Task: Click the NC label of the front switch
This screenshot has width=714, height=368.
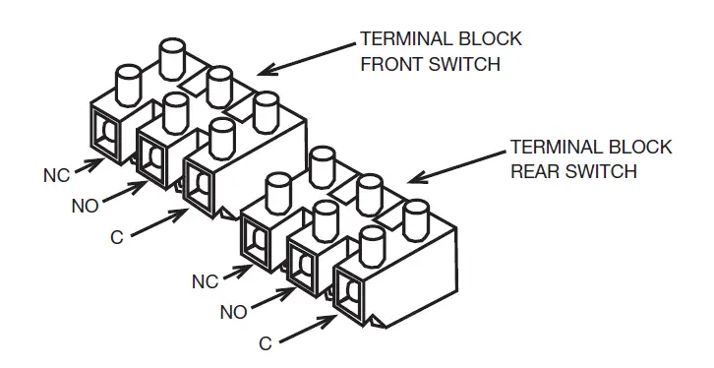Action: point(55,176)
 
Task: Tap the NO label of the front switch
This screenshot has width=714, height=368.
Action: point(84,207)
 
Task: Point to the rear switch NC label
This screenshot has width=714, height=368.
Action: point(206,281)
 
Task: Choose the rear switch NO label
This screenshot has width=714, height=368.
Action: point(232,312)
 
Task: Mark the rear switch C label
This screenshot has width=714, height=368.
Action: point(264,343)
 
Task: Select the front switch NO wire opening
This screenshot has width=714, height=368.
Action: point(151,157)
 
